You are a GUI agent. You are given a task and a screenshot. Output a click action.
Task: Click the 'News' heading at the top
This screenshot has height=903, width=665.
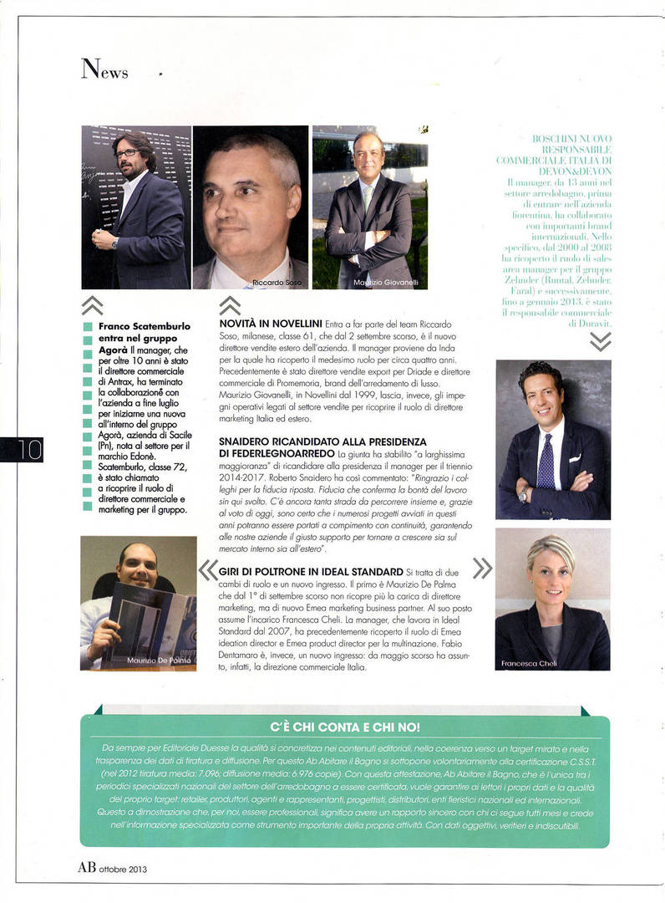click(x=104, y=69)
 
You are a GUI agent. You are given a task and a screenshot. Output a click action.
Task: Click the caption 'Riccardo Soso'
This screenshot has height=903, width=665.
click(x=278, y=283)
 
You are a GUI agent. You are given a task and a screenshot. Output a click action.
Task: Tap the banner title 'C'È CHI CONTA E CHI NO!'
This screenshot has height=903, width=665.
click(x=345, y=727)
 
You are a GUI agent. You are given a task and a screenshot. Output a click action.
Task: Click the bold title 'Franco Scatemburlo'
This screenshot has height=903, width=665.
click(x=145, y=326)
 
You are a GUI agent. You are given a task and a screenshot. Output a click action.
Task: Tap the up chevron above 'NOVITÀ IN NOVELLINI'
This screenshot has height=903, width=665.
click(x=229, y=305)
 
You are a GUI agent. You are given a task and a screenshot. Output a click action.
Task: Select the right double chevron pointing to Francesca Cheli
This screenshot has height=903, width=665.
click(x=482, y=569)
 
